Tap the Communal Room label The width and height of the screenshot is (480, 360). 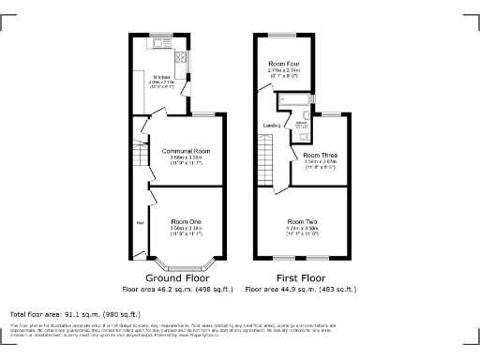[185, 151]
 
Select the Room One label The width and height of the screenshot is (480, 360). [185, 220]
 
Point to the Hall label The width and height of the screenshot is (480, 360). [140, 222]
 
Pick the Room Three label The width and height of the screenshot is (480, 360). [319, 155]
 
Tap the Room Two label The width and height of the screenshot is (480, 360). [302, 220]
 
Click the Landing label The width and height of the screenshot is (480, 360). [272, 125]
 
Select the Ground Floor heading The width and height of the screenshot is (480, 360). [185, 278]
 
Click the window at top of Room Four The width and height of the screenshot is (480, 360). [281, 35]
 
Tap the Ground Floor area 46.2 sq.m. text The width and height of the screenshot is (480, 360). [185, 290]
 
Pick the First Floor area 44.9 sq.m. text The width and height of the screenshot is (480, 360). [302, 290]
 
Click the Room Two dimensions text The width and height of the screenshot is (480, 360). [302, 227]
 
